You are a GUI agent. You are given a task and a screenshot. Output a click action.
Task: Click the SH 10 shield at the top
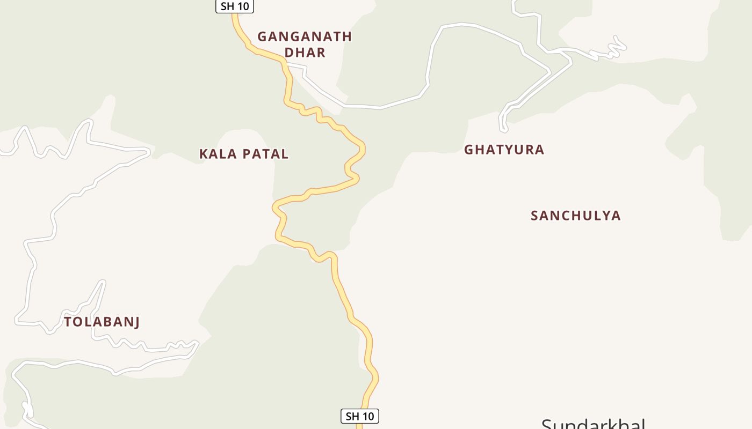(x=235, y=6)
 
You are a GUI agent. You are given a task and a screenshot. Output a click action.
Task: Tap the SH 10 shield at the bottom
(x=359, y=416)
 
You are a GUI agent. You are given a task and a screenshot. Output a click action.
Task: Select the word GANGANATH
(x=305, y=36)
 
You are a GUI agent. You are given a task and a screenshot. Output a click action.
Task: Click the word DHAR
(x=305, y=53)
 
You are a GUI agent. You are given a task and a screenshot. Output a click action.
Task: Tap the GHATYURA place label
(x=504, y=150)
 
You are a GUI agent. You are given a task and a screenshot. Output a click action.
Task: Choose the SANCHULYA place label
(x=575, y=216)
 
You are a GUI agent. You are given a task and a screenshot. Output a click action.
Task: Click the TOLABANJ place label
(x=102, y=322)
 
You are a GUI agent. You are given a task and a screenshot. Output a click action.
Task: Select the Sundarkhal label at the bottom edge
(x=593, y=424)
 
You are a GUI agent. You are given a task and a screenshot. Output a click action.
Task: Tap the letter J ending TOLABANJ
(x=136, y=322)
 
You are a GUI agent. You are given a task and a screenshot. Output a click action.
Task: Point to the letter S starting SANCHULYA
(x=535, y=216)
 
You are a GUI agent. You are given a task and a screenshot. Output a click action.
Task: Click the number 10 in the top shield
(x=243, y=6)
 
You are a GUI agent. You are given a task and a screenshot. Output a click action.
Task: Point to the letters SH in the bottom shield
(x=352, y=416)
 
